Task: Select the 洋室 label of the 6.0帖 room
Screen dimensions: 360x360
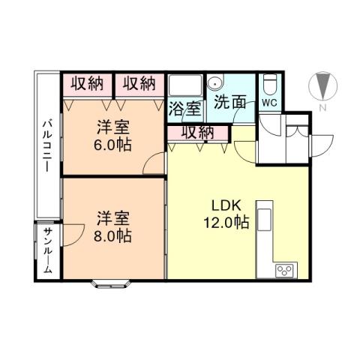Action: tap(112, 127)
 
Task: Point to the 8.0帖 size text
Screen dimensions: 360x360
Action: tap(114, 235)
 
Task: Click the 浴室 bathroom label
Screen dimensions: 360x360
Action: tap(184, 108)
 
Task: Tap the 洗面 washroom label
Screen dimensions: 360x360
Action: tap(229, 102)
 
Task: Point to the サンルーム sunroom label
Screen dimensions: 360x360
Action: tap(46, 250)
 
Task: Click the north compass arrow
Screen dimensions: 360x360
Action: tap(323, 85)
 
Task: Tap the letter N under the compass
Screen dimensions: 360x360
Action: tap(322, 108)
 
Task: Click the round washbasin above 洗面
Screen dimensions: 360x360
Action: tap(215, 84)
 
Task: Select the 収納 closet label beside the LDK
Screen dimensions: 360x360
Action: tap(197, 133)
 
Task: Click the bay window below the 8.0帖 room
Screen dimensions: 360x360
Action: tap(112, 283)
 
